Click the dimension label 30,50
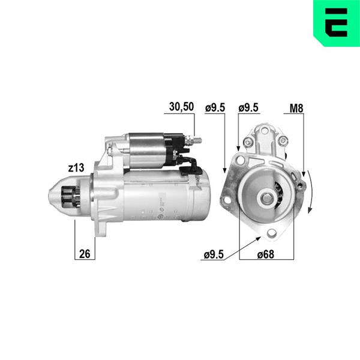click(181, 107)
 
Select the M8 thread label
click(296, 109)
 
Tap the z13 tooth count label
click(76, 168)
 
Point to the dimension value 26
click(85, 254)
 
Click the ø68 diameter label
click(266, 254)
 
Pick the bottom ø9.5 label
click(214, 254)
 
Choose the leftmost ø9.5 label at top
click(215, 108)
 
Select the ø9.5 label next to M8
click(248, 108)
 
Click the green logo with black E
click(337, 23)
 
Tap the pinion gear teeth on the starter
click(71, 197)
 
